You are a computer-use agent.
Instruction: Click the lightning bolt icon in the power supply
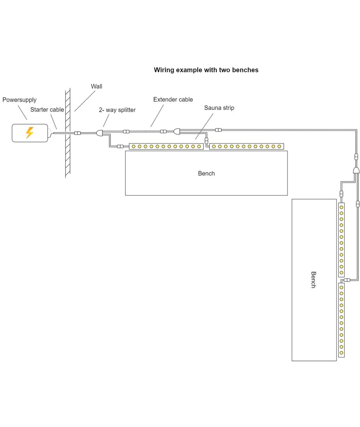pyautogui.click(x=29, y=132)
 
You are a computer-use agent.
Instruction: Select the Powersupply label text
pyautogui.click(x=19, y=100)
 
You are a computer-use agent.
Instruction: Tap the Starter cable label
pyautogui.click(x=47, y=110)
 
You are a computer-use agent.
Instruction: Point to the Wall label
pyautogui.click(x=97, y=86)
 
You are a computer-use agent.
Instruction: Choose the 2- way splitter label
pyautogui.click(x=117, y=110)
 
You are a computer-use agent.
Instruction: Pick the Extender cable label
pyautogui.click(x=173, y=100)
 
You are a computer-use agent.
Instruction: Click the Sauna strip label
pyautogui.click(x=219, y=108)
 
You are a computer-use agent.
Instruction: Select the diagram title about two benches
pyautogui.click(x=206, y=70)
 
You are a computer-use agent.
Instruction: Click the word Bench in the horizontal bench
pyautogui.click(x=206, y=173)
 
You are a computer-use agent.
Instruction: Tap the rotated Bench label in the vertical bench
pyautogui.click(x=313, y=280)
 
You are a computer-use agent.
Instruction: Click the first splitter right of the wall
pyautogui.click(x=100, y=134)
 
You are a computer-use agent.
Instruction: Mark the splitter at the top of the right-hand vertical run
pyautogui.click(x=356, y=170)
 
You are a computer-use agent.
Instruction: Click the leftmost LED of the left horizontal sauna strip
pyautogui.click(x=134, y=147)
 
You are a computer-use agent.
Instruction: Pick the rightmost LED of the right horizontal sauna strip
pyautogui.click(x=279, y=147)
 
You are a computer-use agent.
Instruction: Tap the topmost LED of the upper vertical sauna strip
pyautogui.click(x=341, y=207)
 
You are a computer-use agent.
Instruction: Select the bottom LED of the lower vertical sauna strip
pyautogui.click(x=341, y=353)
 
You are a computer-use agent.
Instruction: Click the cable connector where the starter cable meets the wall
pyautogui.click(x=78, y=134)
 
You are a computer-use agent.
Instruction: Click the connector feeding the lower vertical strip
pyautogui.click(x=347, y=280)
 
